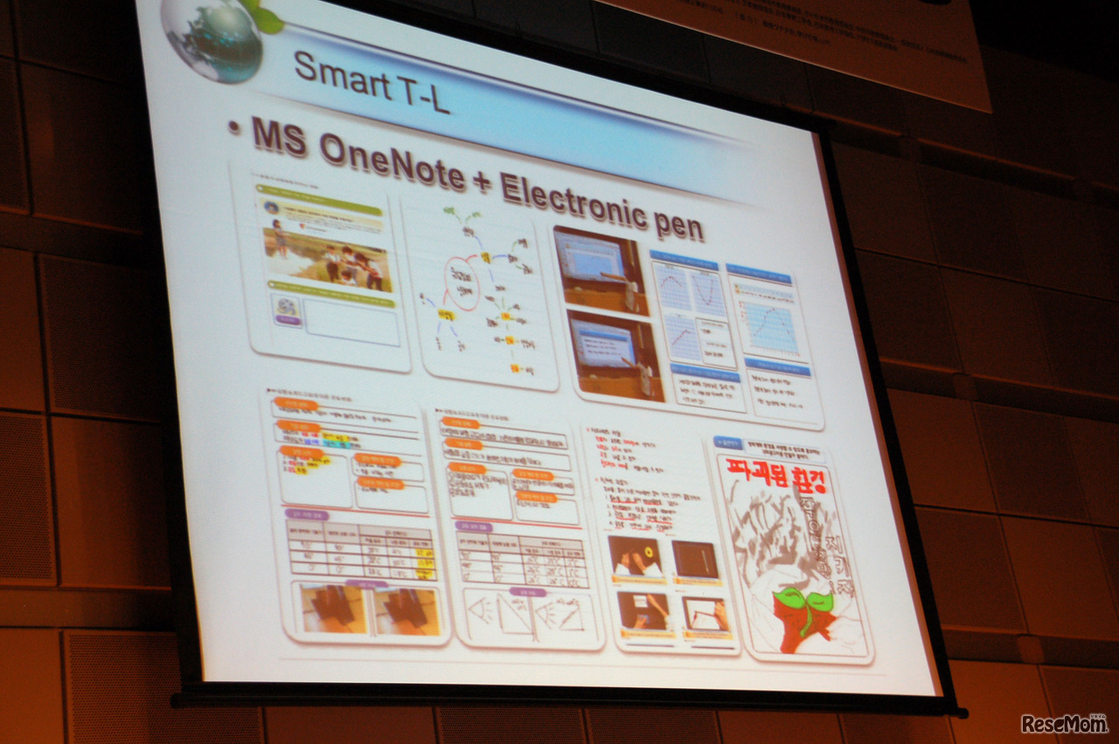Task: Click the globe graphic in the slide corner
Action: pyautogui.click(x=212, y=39)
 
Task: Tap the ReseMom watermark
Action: pyautogui.click(x=1064, y=724)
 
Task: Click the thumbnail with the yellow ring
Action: pyautogui.click(x=636, y=558)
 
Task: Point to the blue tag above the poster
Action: pyautogui.click(x=727, y=443)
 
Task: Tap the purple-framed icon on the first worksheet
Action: pyautogui.click(x=286, y=309)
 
